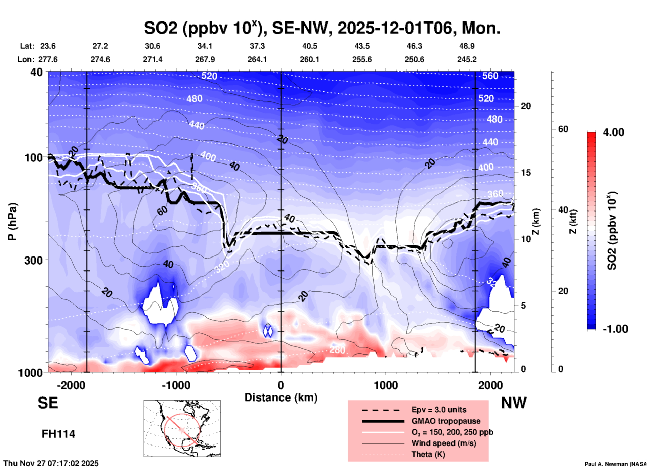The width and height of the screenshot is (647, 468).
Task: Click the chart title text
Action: click(322, 28)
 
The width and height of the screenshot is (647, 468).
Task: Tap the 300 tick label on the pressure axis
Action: click(34, 260)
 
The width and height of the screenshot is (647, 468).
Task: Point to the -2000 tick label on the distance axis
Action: click(71, 385)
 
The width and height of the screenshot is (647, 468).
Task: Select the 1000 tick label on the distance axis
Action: click(386, 385)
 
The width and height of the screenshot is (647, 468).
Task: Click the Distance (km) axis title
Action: click(281, 397)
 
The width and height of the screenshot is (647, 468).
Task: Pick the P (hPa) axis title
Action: click(12, 222)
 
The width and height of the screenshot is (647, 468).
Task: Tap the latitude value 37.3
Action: click(257, 46)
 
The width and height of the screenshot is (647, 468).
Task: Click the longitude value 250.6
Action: click(414, 59)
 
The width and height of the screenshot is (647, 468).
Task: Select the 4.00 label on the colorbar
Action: click(613, 132)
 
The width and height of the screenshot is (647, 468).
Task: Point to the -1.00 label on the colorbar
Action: click(615, 329)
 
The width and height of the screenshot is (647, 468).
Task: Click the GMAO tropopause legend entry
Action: click(446, 421)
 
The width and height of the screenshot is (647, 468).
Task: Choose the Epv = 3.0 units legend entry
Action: click(439, 410)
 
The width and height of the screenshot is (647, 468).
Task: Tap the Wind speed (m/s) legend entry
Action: click(443, 443)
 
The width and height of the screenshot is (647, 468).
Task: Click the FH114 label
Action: click(58, 434)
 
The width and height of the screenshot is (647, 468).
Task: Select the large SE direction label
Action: click(48, 403)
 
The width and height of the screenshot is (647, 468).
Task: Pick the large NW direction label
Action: click(514, 403)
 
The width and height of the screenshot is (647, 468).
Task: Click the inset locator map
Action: click(182, 428)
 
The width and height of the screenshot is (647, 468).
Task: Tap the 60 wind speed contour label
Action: click(162, 210)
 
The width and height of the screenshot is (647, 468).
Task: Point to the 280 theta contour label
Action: click(337, 350)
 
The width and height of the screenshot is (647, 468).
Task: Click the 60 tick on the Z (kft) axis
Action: click(563, 129)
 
